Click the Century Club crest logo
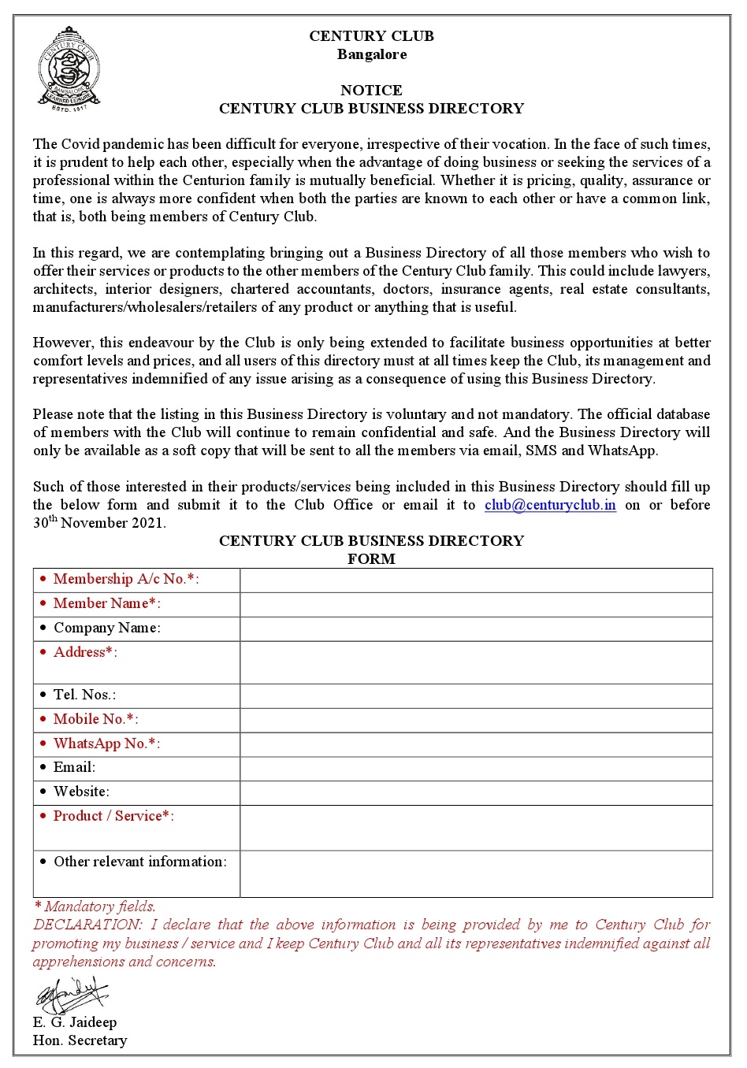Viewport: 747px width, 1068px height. click(x=69, y=69)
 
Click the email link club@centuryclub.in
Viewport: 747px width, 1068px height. click(x=550, y=505)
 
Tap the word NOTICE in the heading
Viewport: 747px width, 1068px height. click(x=371, y=91)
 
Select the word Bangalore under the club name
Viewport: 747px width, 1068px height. click(x=372, y=54)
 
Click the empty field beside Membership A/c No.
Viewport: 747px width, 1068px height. click(x=476, y=580)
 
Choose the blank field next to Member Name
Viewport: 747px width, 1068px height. click(x=476, y=604)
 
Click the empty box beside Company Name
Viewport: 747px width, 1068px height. click(x=476, y=629)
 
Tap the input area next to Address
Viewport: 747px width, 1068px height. click(x=476, y=662)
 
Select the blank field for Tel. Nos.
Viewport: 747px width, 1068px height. click(x=476, y=695)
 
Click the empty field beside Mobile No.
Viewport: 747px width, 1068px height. click(x=476, y=720)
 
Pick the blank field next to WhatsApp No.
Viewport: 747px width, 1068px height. click(x=476, y=744)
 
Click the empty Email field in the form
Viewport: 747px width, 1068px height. click(x=476, y=769)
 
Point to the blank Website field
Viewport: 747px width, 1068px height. click(x=476, y=793)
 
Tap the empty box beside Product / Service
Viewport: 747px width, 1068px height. click(x=476, y=828)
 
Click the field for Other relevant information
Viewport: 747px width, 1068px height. click(x=476, y=873)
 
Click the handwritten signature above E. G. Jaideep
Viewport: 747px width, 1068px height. click(x=71, y=995)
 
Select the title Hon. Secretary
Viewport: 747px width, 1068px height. click(x=80, y=1040)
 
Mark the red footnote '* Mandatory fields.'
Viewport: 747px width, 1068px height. click(x=95, y=907)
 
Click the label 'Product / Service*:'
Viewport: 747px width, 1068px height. click(x=113, y=816)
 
